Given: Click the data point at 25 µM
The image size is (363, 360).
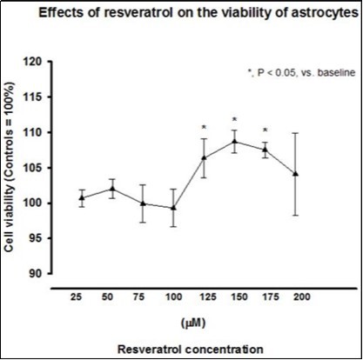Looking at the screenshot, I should coord(82,197).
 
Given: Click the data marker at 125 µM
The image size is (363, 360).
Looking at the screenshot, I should coord(204,158).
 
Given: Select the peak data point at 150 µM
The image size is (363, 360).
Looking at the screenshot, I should coord(234,141).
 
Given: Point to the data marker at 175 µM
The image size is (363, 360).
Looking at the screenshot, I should coord(265,149).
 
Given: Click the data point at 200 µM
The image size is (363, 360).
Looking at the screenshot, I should coord(295,173).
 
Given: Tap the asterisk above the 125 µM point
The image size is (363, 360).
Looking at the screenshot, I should coord(204,128).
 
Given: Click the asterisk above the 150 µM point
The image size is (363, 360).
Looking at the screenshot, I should coord(234,120).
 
